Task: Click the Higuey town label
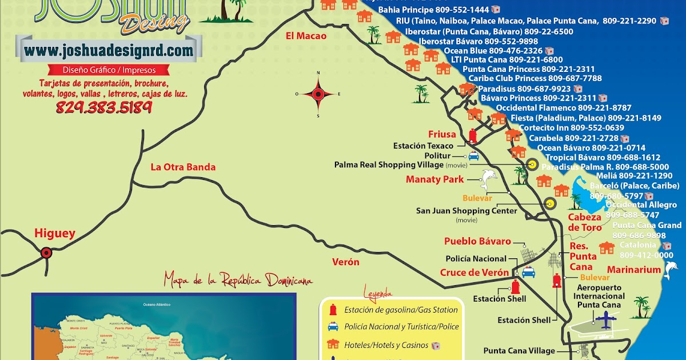pos(55,233)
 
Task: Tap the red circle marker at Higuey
pos(46,252)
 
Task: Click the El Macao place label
pos(306,36)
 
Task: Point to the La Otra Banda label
pos(183,167)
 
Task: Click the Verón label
pos(346,262)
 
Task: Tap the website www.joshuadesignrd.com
pos(109,50)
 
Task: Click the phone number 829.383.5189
pos(103,107)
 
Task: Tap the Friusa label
pos(442,134)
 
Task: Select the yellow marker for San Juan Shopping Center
pos(550,203)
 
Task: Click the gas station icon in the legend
pos(331,310)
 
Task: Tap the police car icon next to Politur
pos(473,155)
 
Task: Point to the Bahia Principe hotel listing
pos(433,10)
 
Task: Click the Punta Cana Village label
pos(519,351)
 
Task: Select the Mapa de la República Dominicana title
pos(238,281)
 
